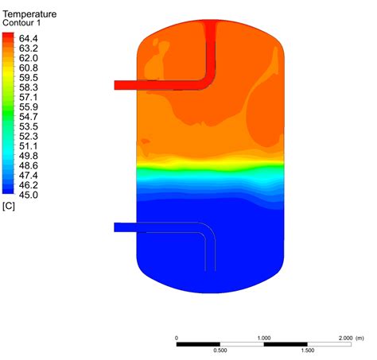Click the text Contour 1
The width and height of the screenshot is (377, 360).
pos(25,23)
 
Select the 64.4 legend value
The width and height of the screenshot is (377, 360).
pos(28,37)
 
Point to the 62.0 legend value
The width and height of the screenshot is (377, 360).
pos(28,57)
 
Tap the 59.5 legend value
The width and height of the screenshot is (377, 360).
pos(28,77)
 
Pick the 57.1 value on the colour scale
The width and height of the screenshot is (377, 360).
pos(28,97)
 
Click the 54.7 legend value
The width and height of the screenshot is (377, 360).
pos(28,116)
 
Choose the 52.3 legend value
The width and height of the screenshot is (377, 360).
pos(28,136)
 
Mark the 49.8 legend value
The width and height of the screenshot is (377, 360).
pos(28,156)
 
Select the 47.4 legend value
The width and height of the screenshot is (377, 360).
pos(28,175)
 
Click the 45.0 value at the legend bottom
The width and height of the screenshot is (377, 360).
pos(28,195)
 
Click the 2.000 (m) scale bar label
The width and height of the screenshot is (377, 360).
pos(351,338)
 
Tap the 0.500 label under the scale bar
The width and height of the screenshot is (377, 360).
pos(220,350)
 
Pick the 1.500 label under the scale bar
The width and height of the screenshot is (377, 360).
pos(307,350)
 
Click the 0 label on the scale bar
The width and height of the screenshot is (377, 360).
pos(177,338)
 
